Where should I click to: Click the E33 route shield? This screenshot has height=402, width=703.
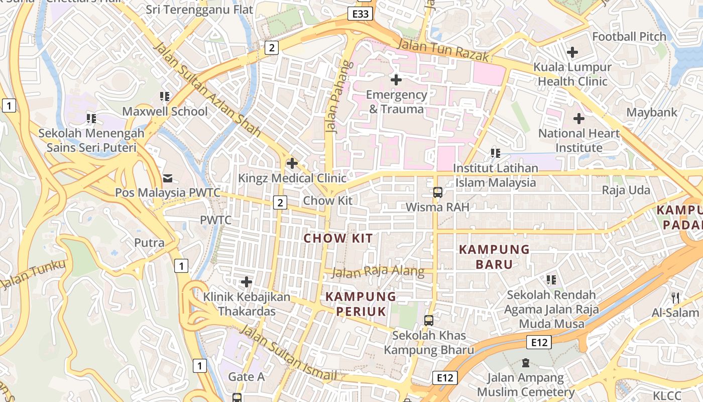pyautogui.click(x=360, y=14)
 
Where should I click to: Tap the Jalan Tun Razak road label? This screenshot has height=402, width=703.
pyautogui.click(x=442, y=51)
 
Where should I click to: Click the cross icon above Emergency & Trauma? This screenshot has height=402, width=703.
pyautogui.click(x=396, y=79)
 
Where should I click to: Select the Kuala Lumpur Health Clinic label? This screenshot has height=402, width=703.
pyautogui.click(x=572, y=74)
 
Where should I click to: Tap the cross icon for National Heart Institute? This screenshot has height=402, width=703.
pyautogui.click(x=579, y=119)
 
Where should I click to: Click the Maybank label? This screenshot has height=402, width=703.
pyautogui.click(x=652, y=112)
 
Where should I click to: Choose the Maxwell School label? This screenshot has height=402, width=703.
pyautogui.click(x=165, y=111)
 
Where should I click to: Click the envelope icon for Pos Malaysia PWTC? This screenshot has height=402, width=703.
pyautogui.click(x=167, y=178)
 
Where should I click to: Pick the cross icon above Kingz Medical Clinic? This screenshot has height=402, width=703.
pyautogui.click(x=292, y=163)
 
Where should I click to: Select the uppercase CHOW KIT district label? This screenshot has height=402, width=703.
pyautogui.click(x=338, y=238)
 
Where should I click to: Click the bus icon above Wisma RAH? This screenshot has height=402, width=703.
pyautogui.click(x=437, y=192)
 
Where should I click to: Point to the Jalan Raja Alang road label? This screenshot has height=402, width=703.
pyautogui.click(x=378, y=271)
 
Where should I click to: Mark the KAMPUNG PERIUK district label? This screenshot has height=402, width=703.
pyautogui.click(x=361, y=304)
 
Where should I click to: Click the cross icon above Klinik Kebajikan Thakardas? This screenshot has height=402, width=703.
pyautogui.click(x=247, y=281)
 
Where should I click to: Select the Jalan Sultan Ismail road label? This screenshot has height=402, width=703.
pyautogui.click(x=288, y=353)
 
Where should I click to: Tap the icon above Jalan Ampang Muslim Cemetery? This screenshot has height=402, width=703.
pyautogui.click(x=526, y=362)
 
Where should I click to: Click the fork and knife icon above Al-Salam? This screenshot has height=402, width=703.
pyautogui.click(x=675, y=297)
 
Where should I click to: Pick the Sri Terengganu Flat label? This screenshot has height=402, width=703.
pyautogui.click(x=199, y=9)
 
